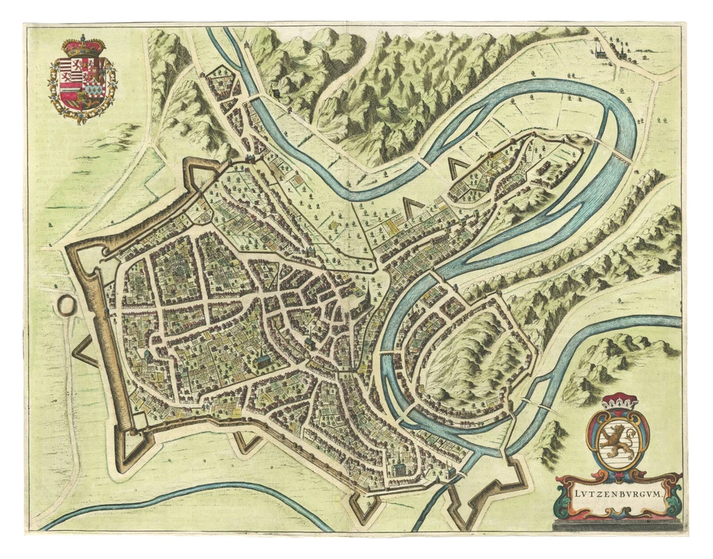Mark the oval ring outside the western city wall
tap(66, 305)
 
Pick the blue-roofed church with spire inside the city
tap(262, 362)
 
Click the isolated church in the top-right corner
tap(599, 50)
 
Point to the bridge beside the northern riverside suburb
tap(253, 99)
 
